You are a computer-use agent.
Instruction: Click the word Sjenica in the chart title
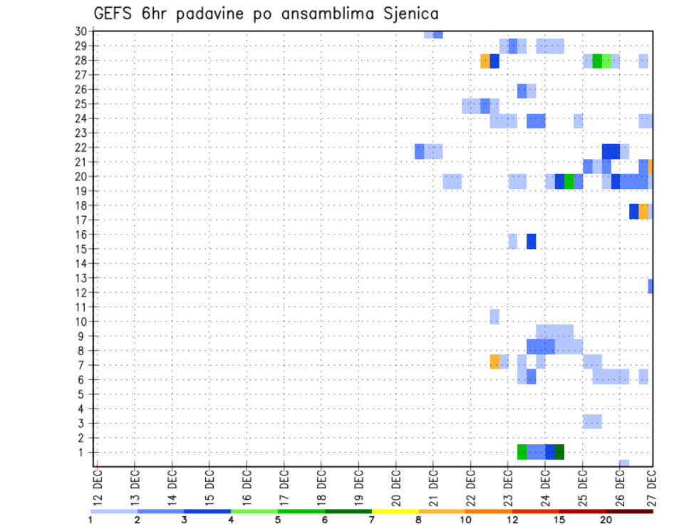tap(404, 13)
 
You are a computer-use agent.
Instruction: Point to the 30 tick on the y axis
tap(81, 31)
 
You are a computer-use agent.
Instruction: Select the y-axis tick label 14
tap(81, 263)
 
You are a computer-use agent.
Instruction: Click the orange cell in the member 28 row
tap(485, 61)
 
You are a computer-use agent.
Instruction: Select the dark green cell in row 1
tap(559, 452)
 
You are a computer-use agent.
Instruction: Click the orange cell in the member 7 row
tap(494, 361)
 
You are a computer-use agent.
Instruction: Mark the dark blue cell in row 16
tap(532, 241)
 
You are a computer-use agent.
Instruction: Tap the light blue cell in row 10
tap(494, 316)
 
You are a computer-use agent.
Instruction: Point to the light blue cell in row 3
tap(592, 421)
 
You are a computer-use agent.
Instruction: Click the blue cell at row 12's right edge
tap(651, 286)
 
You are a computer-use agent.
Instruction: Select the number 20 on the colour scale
tap(606, 520)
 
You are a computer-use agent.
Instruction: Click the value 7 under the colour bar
tap(371, 520)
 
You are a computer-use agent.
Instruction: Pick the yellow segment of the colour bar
tap(395, 511)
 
